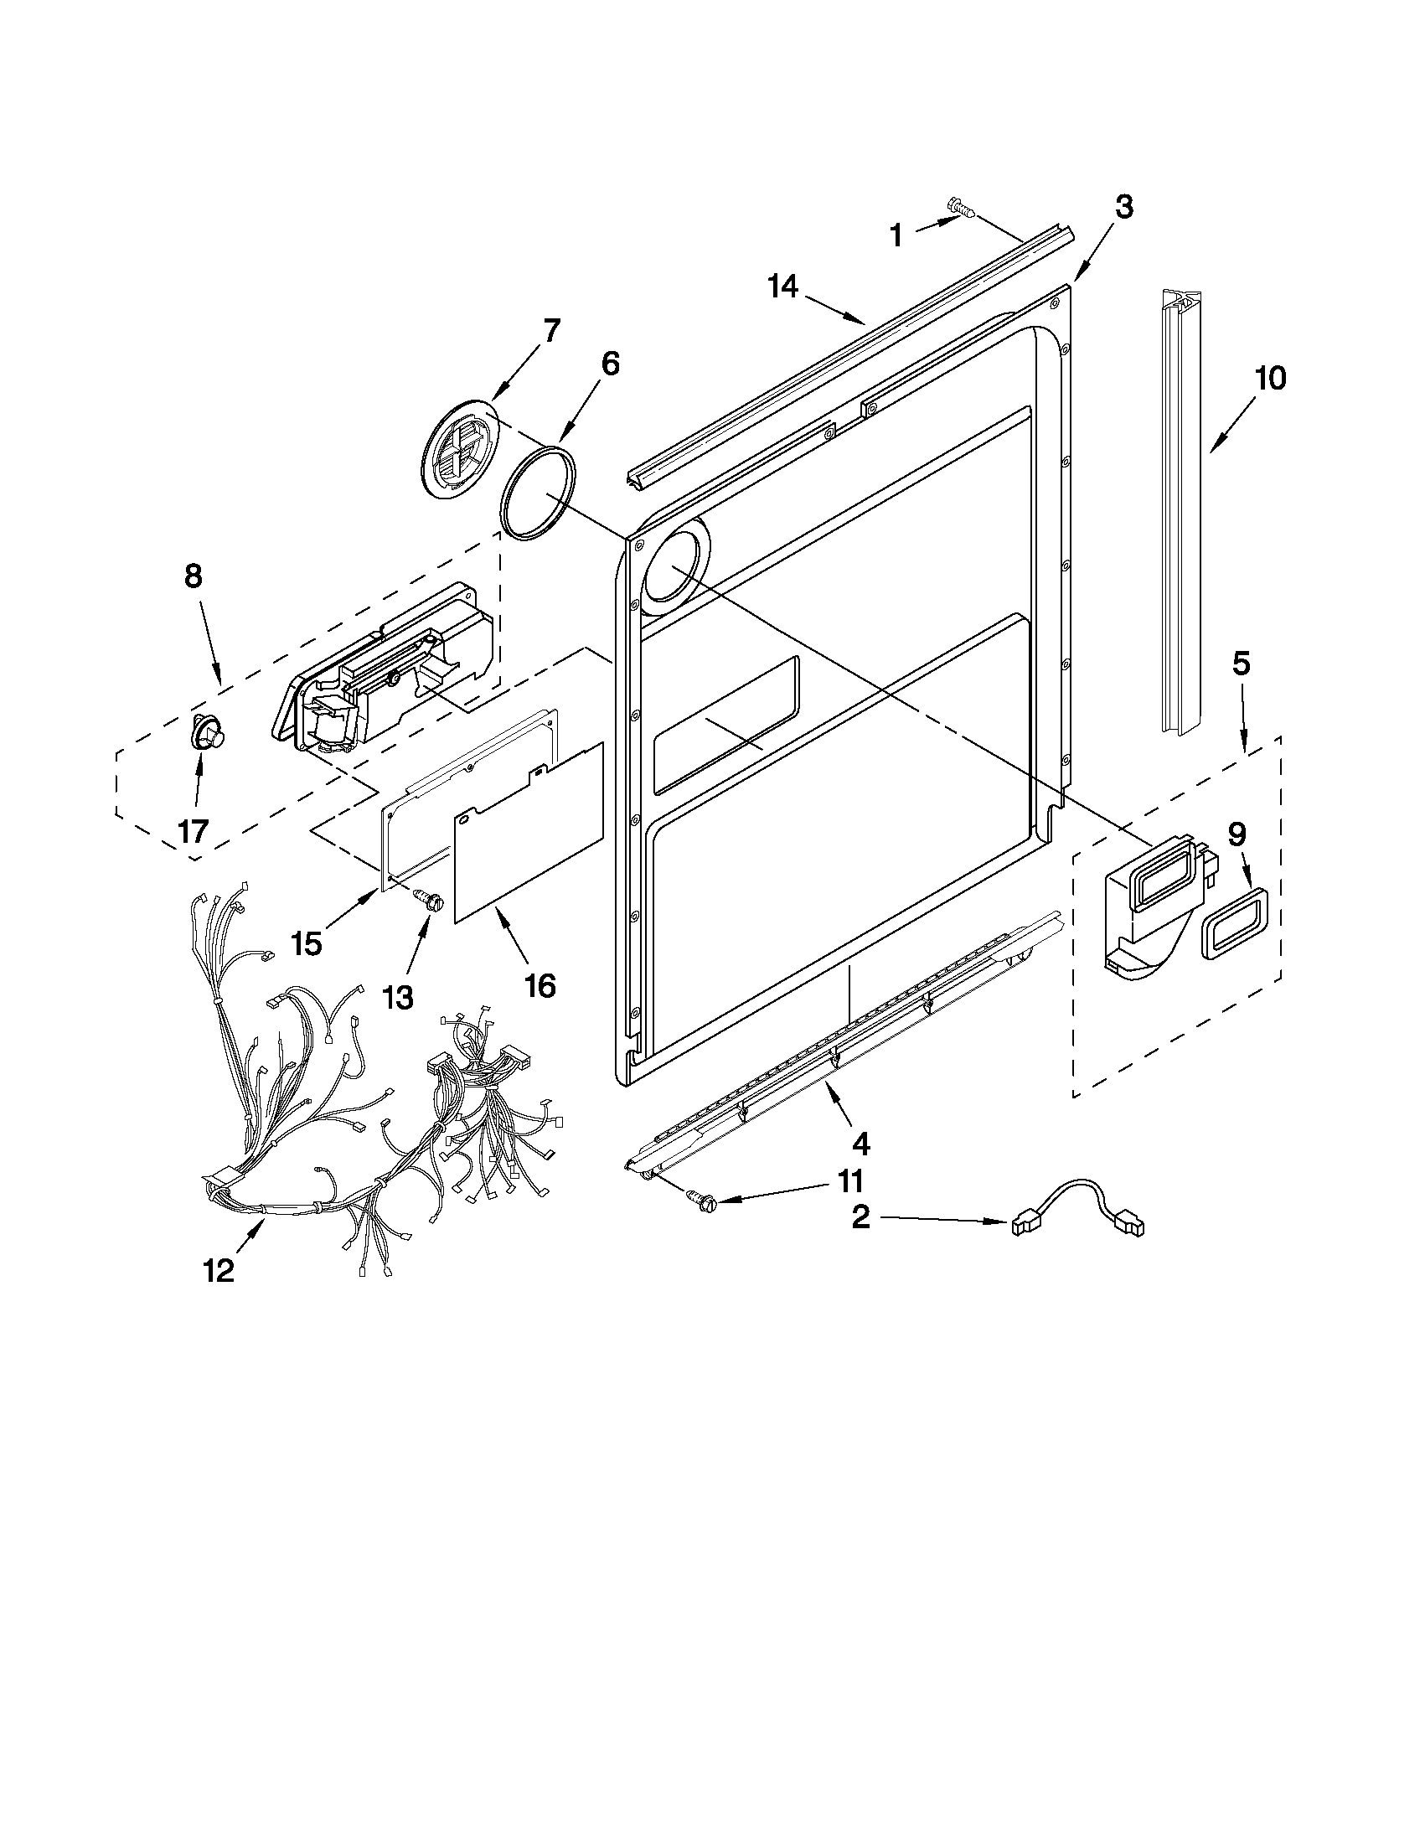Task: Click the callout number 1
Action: pos(896,235)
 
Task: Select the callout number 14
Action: pos(782,287)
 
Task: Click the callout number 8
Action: pos(193,576)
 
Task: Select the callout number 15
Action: pos(307,943)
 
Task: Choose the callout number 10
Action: pos(1269,378)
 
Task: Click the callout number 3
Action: pos(1123,207)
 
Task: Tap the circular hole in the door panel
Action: pos(672,567)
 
